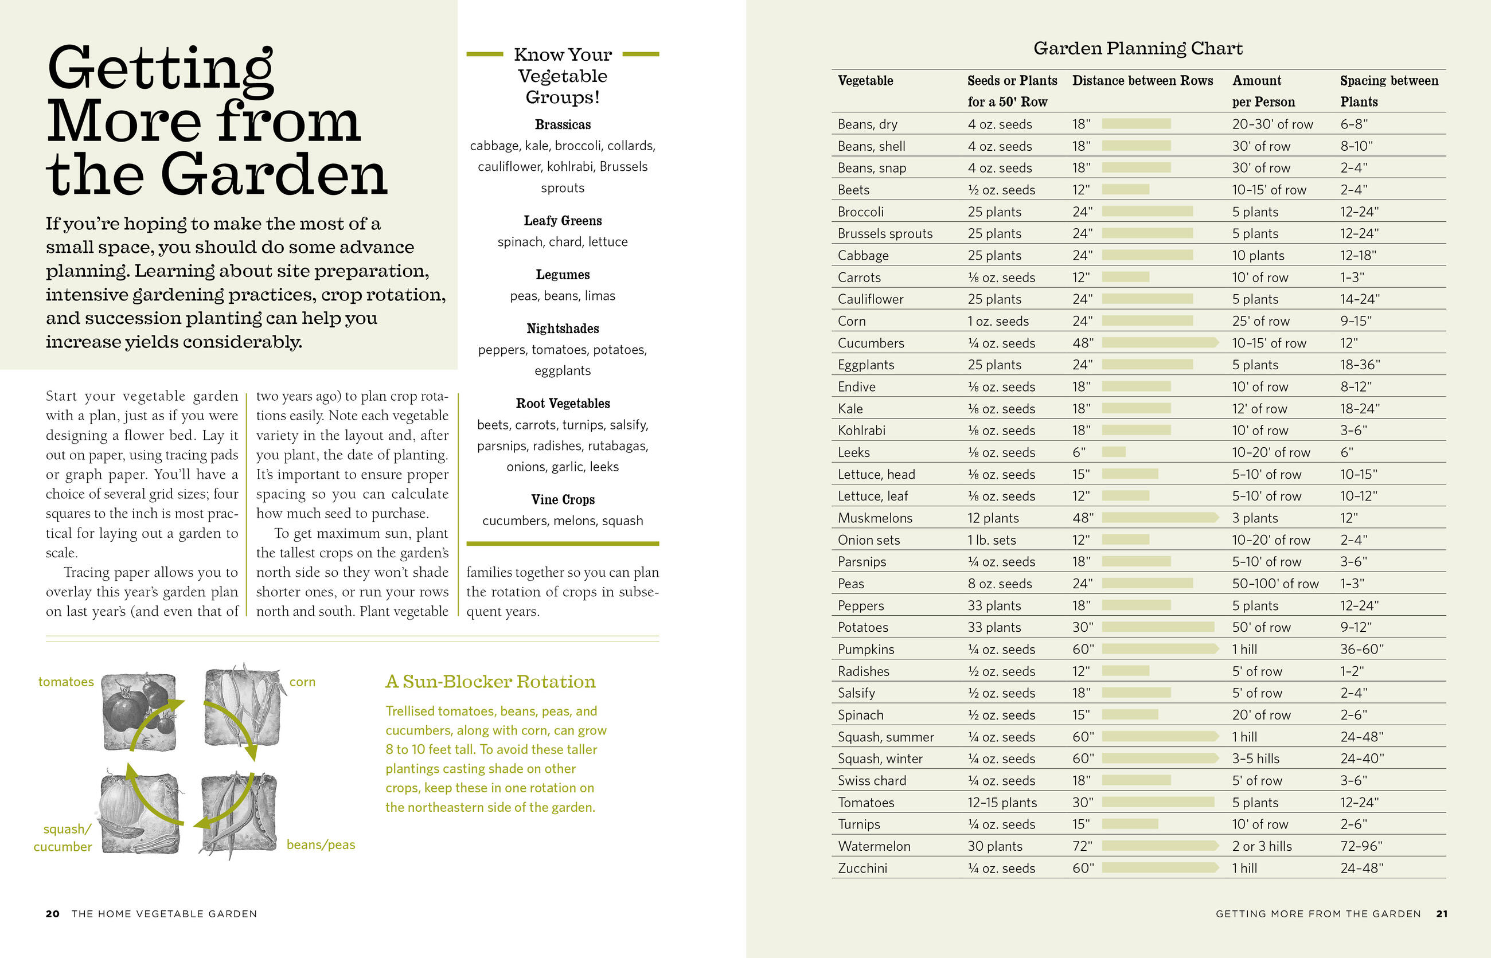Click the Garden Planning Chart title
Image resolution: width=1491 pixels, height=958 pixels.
(x=1138, y=49)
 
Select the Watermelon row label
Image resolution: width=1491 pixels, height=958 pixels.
(x=874, y=846)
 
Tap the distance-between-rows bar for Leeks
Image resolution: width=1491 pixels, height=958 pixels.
(x=1113, y=452)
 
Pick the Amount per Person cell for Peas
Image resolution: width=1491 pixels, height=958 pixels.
(x=1275, y=584)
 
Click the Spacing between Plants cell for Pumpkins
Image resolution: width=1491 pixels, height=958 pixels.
(x=1361, y=650)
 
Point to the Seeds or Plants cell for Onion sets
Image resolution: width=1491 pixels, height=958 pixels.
(x=992, y=540)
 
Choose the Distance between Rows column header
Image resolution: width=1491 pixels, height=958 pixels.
(x=1142, y=81)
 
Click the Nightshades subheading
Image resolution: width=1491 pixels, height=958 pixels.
(x=563, y=329)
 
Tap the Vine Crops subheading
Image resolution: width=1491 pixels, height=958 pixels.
(x=563, y=499)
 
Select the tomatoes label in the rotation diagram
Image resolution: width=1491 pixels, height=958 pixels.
(x=66, y=682)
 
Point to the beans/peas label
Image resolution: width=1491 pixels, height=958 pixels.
(x=321, y=845)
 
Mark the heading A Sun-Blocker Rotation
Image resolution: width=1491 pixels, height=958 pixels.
(x=490, y=682)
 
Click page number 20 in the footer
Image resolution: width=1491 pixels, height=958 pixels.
(x=53, y=914)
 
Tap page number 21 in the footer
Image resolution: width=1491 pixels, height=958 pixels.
(x=1441, y=914)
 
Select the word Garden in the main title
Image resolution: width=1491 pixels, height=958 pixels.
(x=274, y=175)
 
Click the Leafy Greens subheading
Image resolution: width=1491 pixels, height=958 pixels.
(x=563, y=221)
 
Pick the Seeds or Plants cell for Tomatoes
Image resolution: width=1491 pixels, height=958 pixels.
(x=1002, y=803)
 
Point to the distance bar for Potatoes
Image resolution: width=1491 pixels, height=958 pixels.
(x=1157, y=627)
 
